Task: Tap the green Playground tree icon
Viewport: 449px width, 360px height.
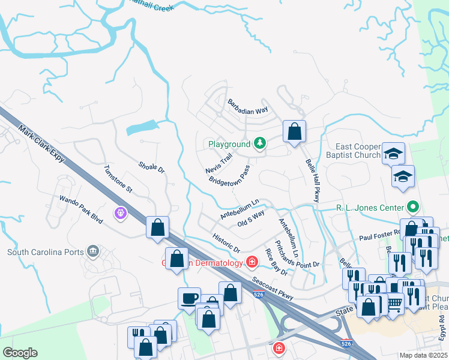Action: (x=260, y=143)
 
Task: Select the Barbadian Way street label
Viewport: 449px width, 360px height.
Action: (x=247, y=107)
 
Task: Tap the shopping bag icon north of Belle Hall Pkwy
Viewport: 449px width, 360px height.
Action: (x=294, y=131)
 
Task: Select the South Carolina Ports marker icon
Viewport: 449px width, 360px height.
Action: (x=92, y=250)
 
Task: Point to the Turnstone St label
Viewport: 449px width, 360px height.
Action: (x=118, y=178)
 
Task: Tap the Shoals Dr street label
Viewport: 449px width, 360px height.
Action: (x=151, y=167)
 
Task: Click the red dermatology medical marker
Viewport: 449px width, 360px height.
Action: (x=252, y=262)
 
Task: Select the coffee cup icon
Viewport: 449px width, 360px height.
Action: (x=190, y=298)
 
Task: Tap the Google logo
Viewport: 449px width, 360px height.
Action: (x=20, y=353)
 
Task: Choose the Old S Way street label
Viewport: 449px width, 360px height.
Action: (x=251, y=218)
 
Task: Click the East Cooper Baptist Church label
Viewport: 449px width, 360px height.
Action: (x=358, y=151)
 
